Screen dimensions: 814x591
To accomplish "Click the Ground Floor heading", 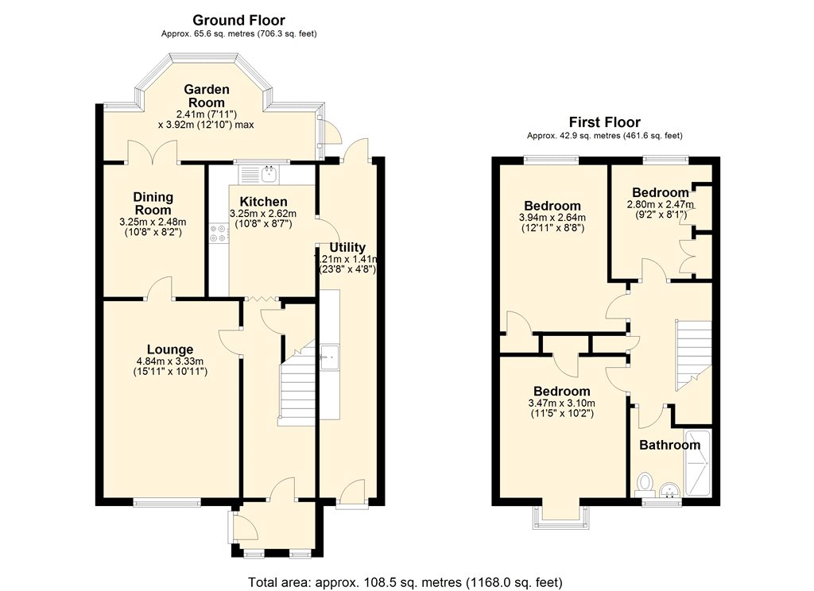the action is [238, 20].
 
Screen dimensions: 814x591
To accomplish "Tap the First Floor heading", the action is [605, 122].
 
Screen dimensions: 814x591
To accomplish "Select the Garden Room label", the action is [207, 96].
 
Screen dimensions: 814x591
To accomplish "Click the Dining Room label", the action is [153, 203].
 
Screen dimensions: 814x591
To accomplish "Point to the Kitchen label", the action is [263, 202].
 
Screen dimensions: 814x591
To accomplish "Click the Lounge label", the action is [170, 350].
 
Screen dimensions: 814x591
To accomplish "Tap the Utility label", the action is [347, 248].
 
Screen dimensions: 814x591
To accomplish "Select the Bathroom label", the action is [669, 445].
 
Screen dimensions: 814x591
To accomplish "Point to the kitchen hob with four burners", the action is [219, 233].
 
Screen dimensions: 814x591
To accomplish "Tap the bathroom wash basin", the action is [670, 490].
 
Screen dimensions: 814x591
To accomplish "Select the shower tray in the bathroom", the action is [698, 462].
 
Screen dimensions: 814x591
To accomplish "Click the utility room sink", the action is [329, 357].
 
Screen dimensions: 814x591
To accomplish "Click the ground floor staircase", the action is [297, 383].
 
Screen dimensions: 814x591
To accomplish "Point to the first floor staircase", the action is [693, 355].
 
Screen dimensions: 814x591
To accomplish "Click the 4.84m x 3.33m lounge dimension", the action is [170, 361].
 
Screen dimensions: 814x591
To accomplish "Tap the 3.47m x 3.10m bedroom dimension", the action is [562, 404].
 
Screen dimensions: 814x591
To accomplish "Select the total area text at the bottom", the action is [405, 582].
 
